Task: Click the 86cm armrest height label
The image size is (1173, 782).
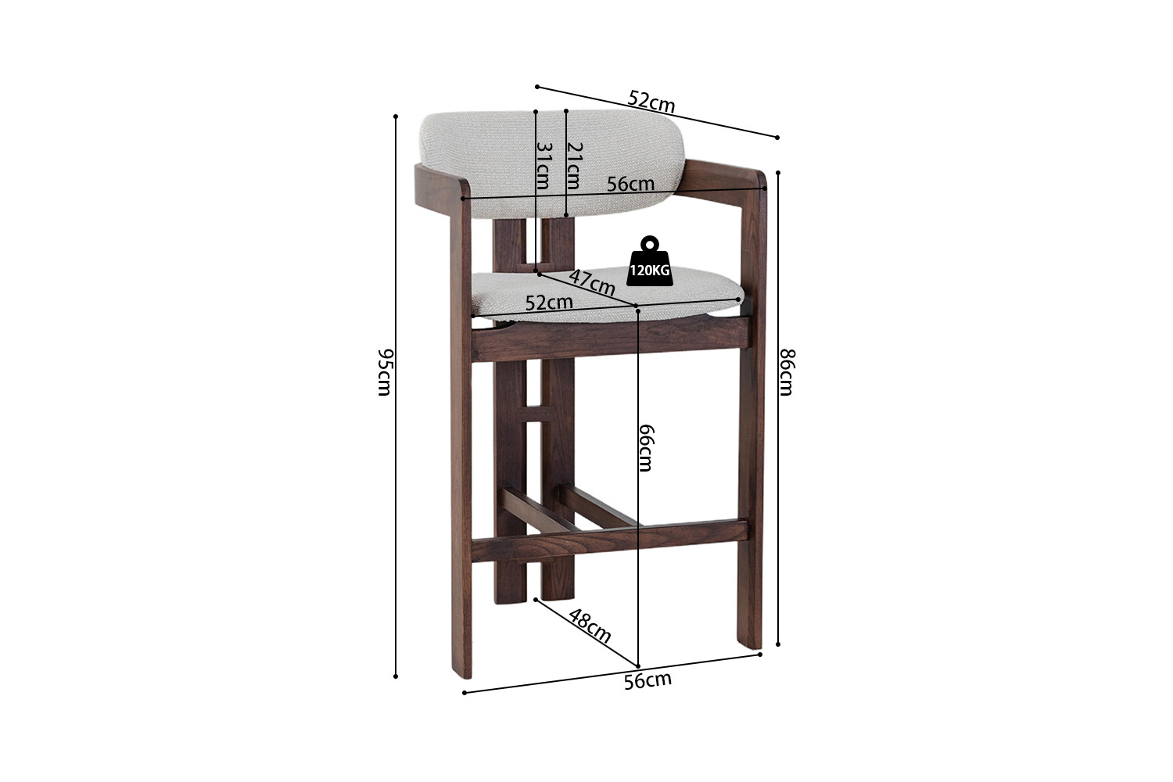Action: click(787, 372)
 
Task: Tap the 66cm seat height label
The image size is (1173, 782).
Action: click(647, 448)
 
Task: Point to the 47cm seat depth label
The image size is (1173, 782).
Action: click(592, 283)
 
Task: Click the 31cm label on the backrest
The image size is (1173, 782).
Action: click(543, 166)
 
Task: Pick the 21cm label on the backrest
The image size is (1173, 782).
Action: click(575, 166)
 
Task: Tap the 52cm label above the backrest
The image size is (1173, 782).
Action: click(651, 102)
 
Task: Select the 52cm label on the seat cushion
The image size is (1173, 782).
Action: click(549, 302)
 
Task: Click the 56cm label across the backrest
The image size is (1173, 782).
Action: click(630, 184)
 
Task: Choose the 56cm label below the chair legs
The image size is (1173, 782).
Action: click(647, 680)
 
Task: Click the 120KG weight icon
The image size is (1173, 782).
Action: click(650, 261)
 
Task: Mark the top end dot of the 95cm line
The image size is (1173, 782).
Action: click(396, 117)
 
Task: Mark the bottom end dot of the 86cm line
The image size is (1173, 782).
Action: click(778, 644)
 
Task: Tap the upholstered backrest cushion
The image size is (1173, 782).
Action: click(552, 163)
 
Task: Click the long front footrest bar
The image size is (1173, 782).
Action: click(609, 540)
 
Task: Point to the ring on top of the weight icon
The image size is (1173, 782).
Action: click(650, 243)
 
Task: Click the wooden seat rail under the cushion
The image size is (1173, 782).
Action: click(610, 339)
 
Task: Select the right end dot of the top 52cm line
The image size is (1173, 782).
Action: click(777, 138)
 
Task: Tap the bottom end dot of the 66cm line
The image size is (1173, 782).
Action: click(638, 666)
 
